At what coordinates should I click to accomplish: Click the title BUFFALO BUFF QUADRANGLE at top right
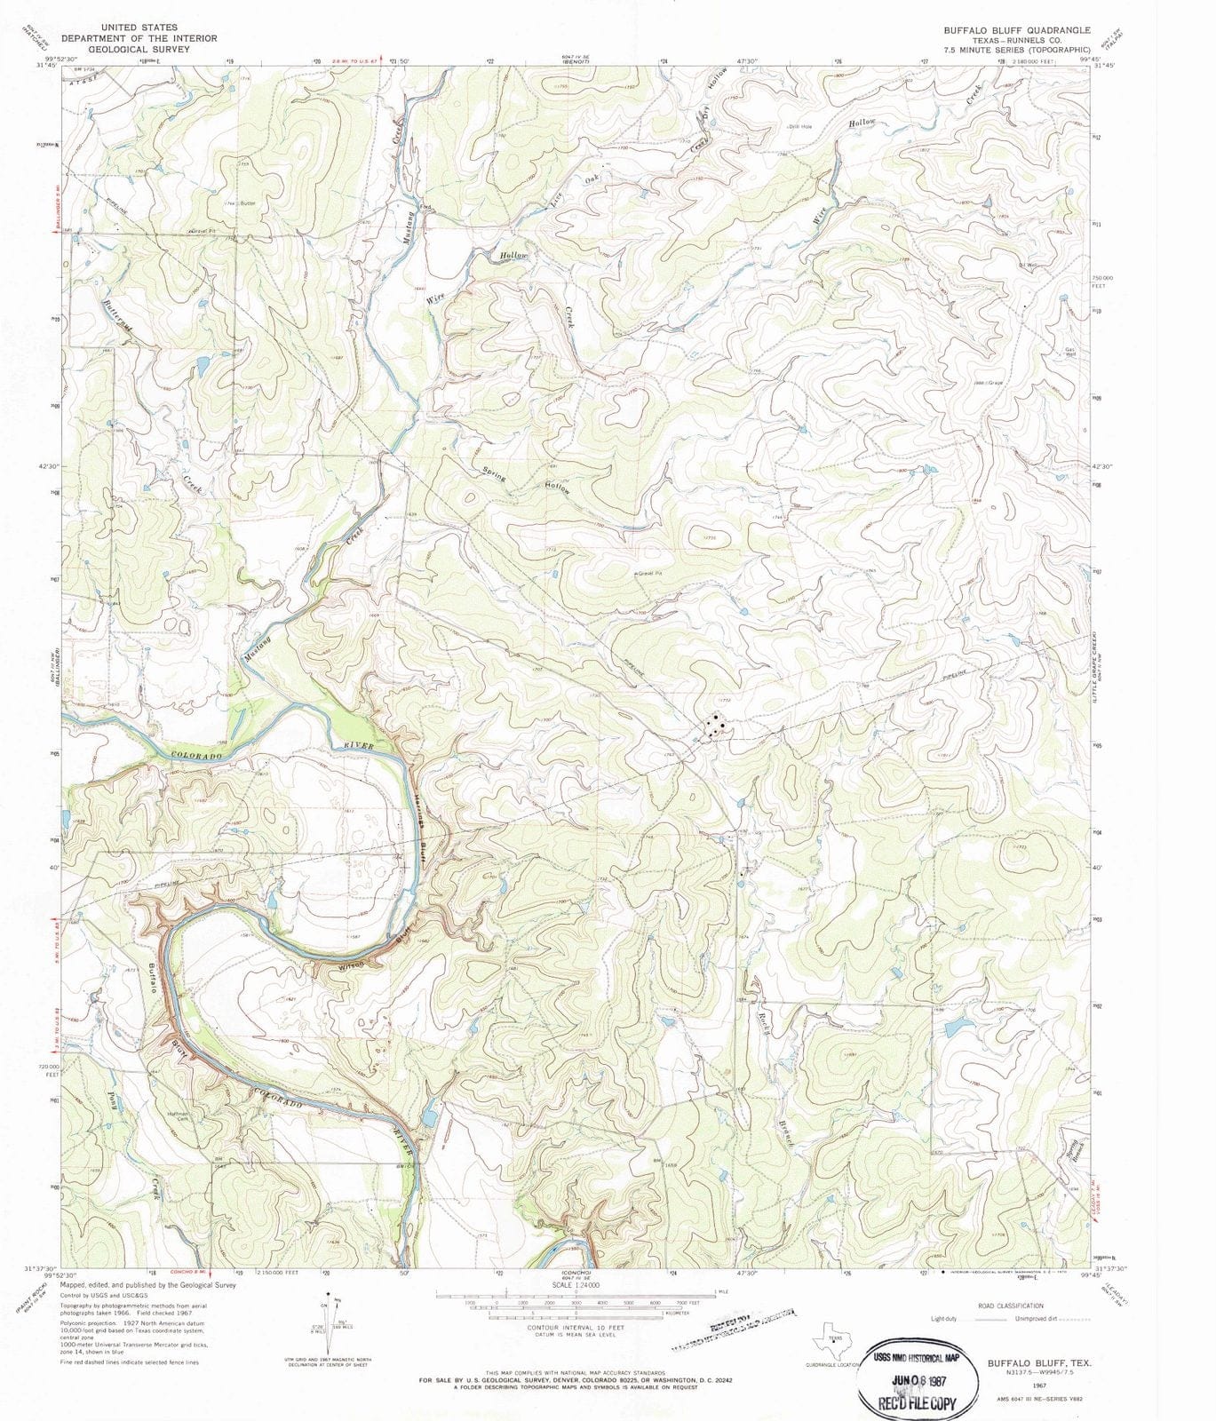[1004, 29]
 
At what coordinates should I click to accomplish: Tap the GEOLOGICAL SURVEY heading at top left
[139, 50]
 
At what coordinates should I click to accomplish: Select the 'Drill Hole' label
[800, 126]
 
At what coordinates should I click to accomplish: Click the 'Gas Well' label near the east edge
[1070, 352]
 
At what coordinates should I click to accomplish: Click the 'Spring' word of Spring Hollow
[494, 474]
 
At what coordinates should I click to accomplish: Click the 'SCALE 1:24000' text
[576, 1285]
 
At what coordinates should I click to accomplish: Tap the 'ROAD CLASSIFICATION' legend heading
[1010, 1306]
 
